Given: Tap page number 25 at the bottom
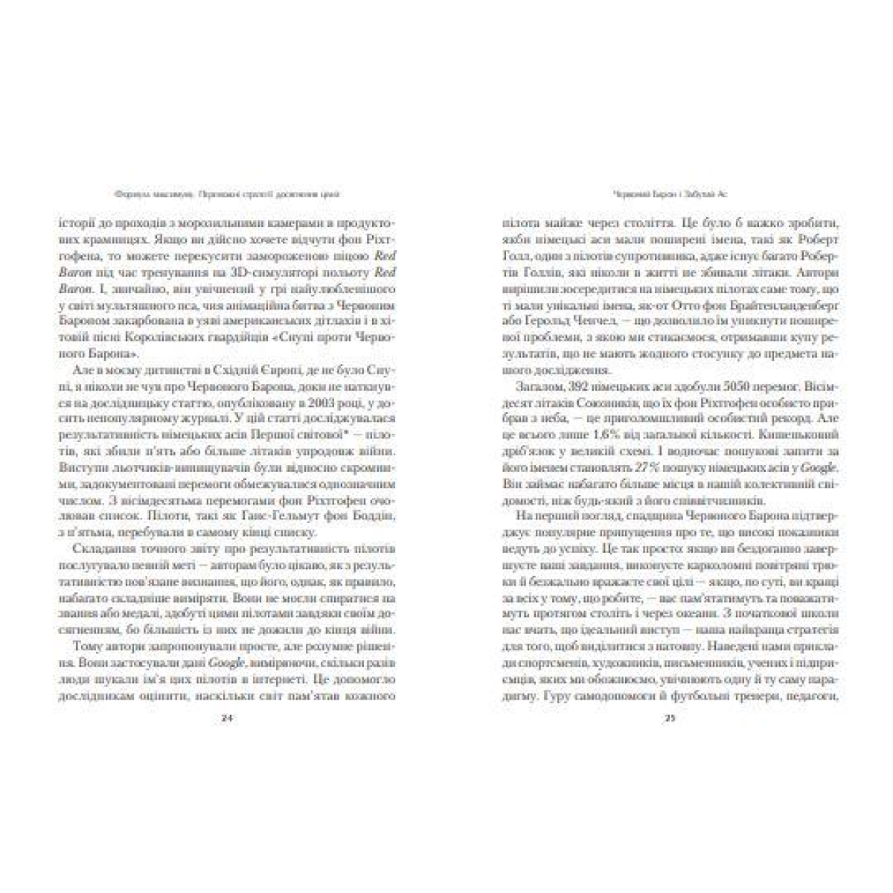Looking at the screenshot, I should [669, 720].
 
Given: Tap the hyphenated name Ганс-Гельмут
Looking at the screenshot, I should [282, 516].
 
